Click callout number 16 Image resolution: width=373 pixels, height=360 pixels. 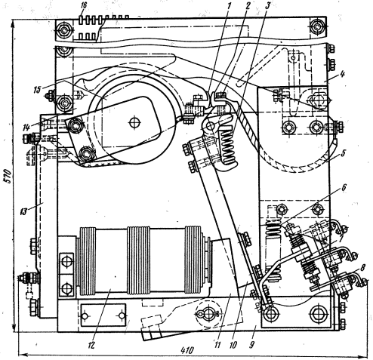pyautogui.click(x=84, y=6)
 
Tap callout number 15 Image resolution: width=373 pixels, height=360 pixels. pyautogui.click(x=37, y=90)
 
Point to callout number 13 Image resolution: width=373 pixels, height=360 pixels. pyautogui.click(x=23, y=212)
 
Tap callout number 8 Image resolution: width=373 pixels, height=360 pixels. pyautogui.click(x=362, y=268)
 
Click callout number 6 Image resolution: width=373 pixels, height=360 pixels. pyautogui.click(x=344, y=187)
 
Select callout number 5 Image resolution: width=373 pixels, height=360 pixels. pyautogui.click(x=344, y=153)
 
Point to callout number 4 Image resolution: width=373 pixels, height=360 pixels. pyautogui.click(x=343, y=74)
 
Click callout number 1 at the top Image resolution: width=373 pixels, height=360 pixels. pyautogui.click(x=229, y=5)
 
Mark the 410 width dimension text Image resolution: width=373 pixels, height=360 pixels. pyautogui.click(x=187, y=350)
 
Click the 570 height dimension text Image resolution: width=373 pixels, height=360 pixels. pyautogui.click(x=8, y=177)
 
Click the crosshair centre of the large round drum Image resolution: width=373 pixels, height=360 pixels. pyautogui.click(x=134, y=123)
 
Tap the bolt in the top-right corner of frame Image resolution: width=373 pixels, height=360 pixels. pyautogui.click(x=318, y=26)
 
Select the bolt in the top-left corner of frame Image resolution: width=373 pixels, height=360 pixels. pyautogui.click(x=63, y=30)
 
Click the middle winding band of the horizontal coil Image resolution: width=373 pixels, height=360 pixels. pyautogui.click(x=138, y=260)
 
